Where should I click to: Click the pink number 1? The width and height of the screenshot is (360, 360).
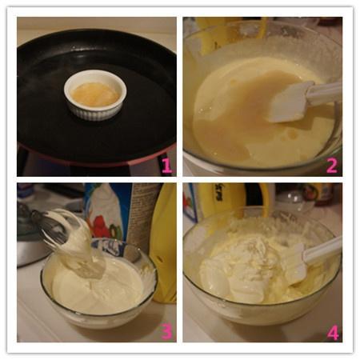(166, 165)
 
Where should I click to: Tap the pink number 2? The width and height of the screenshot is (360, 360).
(332, 165)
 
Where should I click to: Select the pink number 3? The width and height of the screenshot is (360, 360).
(166, 330)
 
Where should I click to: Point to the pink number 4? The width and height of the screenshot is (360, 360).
(333, 331)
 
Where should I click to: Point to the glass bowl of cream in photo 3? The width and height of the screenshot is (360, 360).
(98, 282)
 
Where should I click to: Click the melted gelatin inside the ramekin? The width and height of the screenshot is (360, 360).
(95, 94)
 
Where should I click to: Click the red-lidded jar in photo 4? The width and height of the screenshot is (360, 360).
(323, 194)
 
